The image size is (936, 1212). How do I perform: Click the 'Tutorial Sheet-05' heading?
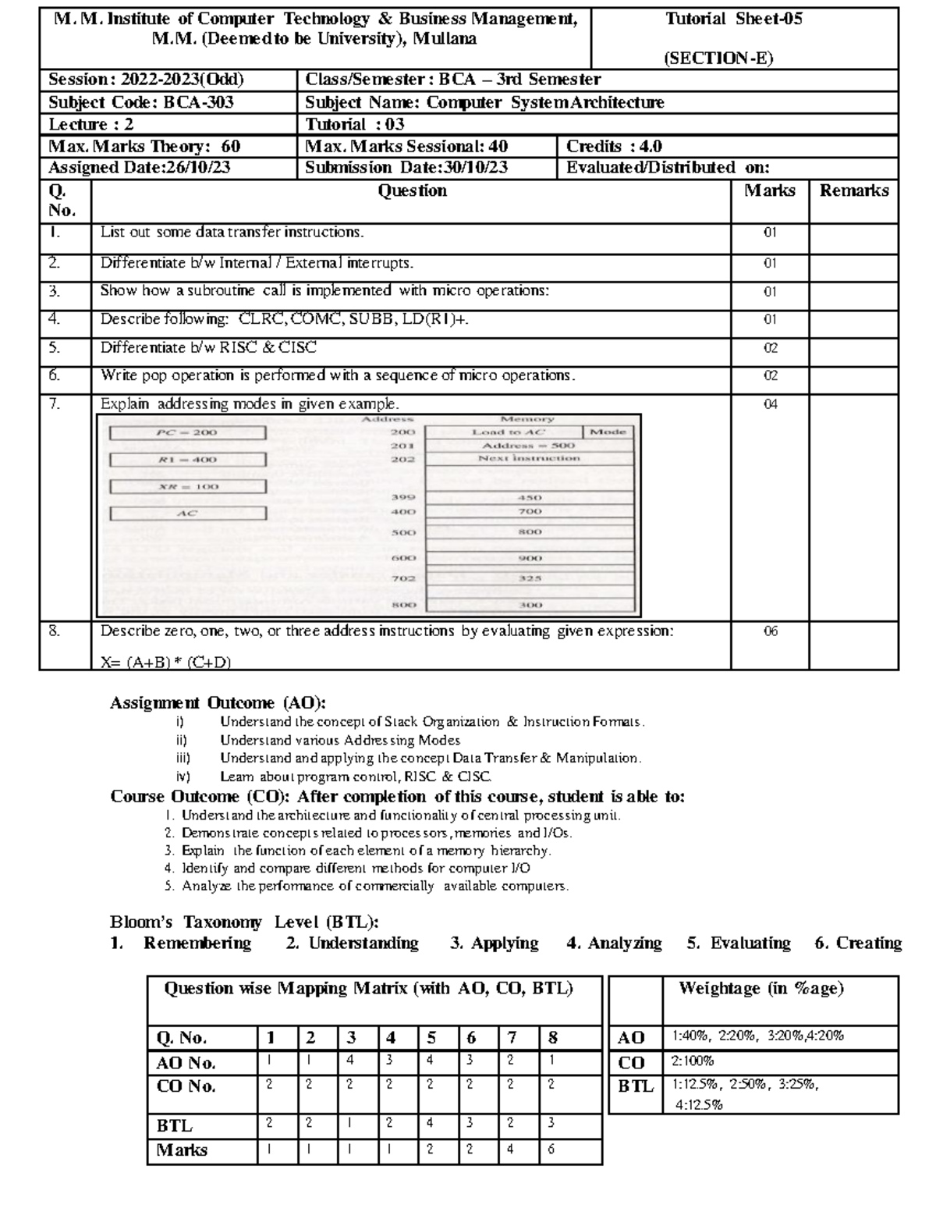733,20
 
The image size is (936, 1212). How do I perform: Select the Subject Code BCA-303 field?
141,102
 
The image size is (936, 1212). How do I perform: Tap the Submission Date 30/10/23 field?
406,167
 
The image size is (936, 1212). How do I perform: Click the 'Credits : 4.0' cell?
614,146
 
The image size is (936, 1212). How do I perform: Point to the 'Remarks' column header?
853,190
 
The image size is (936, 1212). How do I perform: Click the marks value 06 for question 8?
770,631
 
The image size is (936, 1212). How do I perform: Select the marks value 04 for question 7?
770,404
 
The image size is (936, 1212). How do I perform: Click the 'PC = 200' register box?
187,432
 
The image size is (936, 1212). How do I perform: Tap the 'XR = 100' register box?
187,486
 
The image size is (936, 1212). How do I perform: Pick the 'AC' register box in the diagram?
187,514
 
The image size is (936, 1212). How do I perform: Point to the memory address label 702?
403,578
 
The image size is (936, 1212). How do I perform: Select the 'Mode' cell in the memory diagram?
608,432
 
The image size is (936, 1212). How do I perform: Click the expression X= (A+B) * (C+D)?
166,663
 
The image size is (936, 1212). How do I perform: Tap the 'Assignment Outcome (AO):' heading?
218,702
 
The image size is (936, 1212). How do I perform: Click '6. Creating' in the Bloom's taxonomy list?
857,943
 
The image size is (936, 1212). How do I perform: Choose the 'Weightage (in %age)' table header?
760,989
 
